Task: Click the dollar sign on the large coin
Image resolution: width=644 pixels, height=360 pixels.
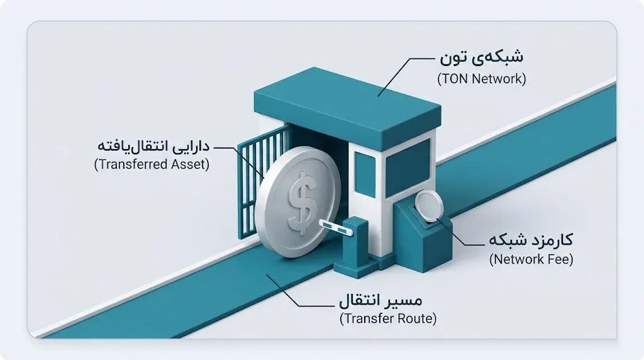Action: click(303, 203)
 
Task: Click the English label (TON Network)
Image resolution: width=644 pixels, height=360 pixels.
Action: click(481, 79)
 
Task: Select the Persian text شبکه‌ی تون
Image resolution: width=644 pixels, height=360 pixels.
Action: click(481, 57)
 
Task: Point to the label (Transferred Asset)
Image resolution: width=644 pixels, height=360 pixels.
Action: click(152, 164)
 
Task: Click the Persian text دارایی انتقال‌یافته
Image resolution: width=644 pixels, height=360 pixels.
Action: click(153, 146)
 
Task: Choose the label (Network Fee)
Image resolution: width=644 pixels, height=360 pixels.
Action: click(531, 259)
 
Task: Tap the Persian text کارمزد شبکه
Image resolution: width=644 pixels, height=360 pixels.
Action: click(531, 240)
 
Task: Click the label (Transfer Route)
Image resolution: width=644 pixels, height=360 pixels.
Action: click(388, 318)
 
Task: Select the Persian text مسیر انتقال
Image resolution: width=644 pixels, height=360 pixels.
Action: click(380, 300)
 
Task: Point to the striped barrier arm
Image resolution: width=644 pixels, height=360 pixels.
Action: click(336, 227)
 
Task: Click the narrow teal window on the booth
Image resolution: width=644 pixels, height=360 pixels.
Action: click(365, 175)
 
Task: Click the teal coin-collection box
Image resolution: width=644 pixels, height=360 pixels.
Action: click(423, 236)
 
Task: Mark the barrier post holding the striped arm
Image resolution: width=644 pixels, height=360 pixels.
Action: click(356, 247)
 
